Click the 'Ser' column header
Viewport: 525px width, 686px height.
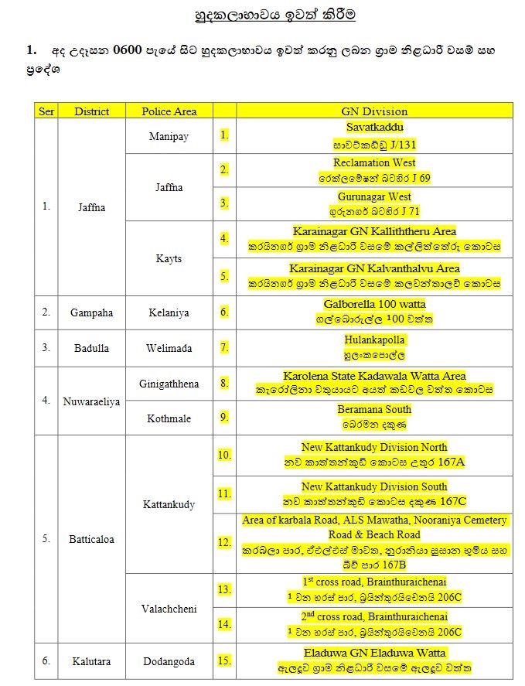[x=46, y=111]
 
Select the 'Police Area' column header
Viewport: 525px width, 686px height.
[x=169, y=111]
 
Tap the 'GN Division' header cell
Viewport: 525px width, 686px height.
[x=374, y=111]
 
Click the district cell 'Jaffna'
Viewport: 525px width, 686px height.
[x=91, y=207]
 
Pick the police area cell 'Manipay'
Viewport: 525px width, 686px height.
[x=169, y=136]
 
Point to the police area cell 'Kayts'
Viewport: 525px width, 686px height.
[x=169, y=258]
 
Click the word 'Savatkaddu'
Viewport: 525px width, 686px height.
[x=374, y=127]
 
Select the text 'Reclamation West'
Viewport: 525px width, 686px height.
[x=374, y=162]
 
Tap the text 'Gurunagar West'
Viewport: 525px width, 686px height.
[x=374, y=196]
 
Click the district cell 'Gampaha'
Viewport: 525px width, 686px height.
[x=91, y=312]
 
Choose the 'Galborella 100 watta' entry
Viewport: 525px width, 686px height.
[x=374, y=305]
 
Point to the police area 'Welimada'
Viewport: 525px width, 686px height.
[x=169, y=347]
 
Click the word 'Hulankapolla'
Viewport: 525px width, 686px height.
[x=374, y=340]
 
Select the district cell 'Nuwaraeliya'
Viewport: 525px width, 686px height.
[x=91, y=401]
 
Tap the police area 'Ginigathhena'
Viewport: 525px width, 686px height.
[x=169, y=384]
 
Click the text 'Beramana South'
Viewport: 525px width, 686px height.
[x=374, y=409]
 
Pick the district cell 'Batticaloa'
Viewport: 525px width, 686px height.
[x=91, y=539]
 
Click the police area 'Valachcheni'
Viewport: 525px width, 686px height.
[x=169, y=609]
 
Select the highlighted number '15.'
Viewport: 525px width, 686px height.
[x=224, y=660]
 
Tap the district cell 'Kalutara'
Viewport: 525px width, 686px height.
[x=91, y=661]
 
